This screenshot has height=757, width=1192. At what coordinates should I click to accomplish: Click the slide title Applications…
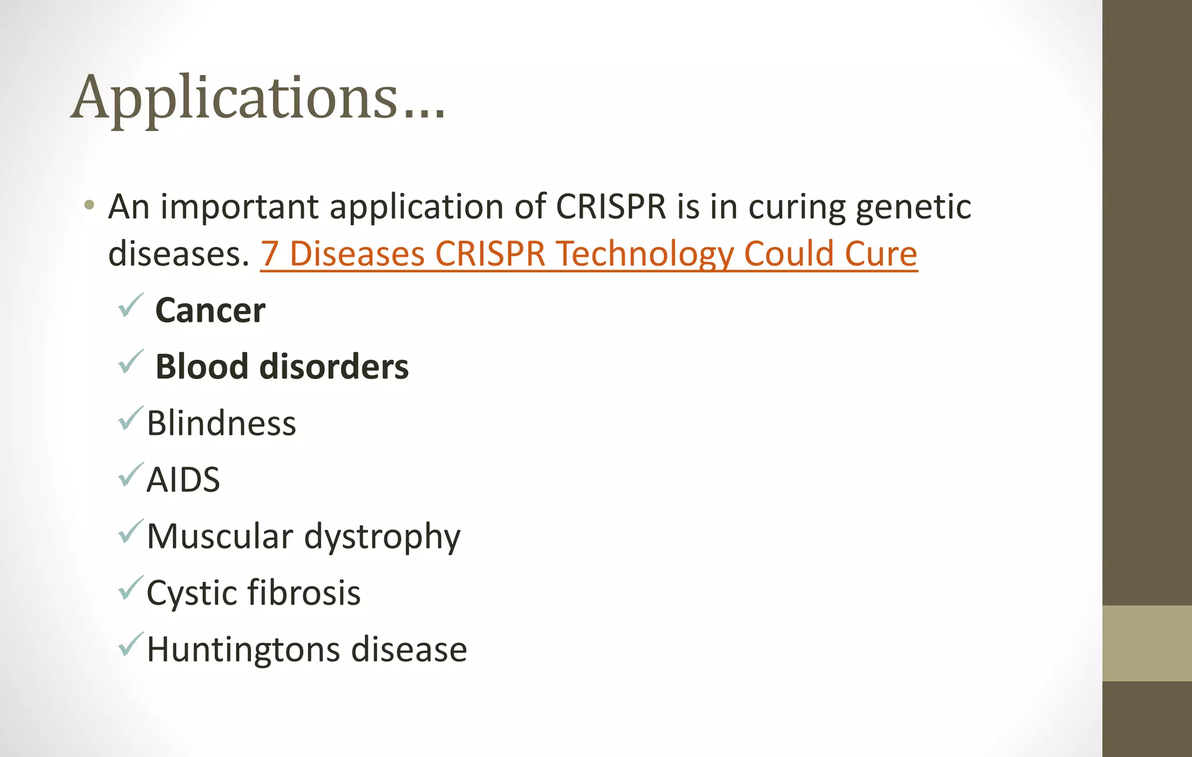coord(258,98)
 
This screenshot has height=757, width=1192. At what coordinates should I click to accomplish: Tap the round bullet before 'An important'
coord(89,205)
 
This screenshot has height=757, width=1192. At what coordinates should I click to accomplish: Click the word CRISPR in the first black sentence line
coord(611,207)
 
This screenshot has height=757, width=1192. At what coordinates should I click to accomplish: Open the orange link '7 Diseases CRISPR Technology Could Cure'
coord(588,254)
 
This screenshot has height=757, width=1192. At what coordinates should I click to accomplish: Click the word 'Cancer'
coord(210,310)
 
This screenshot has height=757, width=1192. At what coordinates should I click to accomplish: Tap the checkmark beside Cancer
coord(130,305)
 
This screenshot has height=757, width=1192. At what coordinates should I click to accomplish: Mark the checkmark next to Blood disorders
coord(130,362)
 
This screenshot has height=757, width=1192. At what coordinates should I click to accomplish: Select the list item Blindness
coord(221,423)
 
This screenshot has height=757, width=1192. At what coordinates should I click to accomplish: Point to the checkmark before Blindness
coord(130,418)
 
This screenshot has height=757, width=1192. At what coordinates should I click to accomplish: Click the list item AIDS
coord(183,480)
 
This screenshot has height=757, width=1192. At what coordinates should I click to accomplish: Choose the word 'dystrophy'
coord(382,537)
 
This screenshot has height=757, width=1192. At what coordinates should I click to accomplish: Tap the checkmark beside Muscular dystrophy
coord(130,531)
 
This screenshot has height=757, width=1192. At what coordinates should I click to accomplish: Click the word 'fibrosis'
coord(304,593)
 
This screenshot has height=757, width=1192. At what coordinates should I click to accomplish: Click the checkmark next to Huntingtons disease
coord(130,644)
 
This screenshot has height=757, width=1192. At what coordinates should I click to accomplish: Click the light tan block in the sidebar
coord(1147,643)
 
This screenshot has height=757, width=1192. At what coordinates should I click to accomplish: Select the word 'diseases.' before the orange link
coord(179,254)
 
